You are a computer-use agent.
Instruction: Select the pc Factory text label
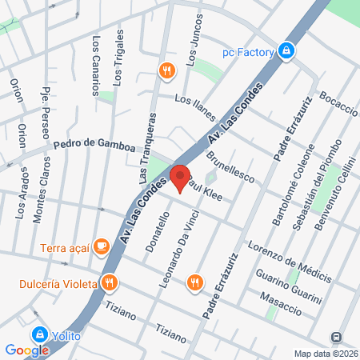click(249, 52)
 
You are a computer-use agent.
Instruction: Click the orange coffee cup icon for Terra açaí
click(101, 246)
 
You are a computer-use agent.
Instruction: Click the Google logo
click(26, 350)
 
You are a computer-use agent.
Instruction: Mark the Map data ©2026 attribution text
click(324, 354)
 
